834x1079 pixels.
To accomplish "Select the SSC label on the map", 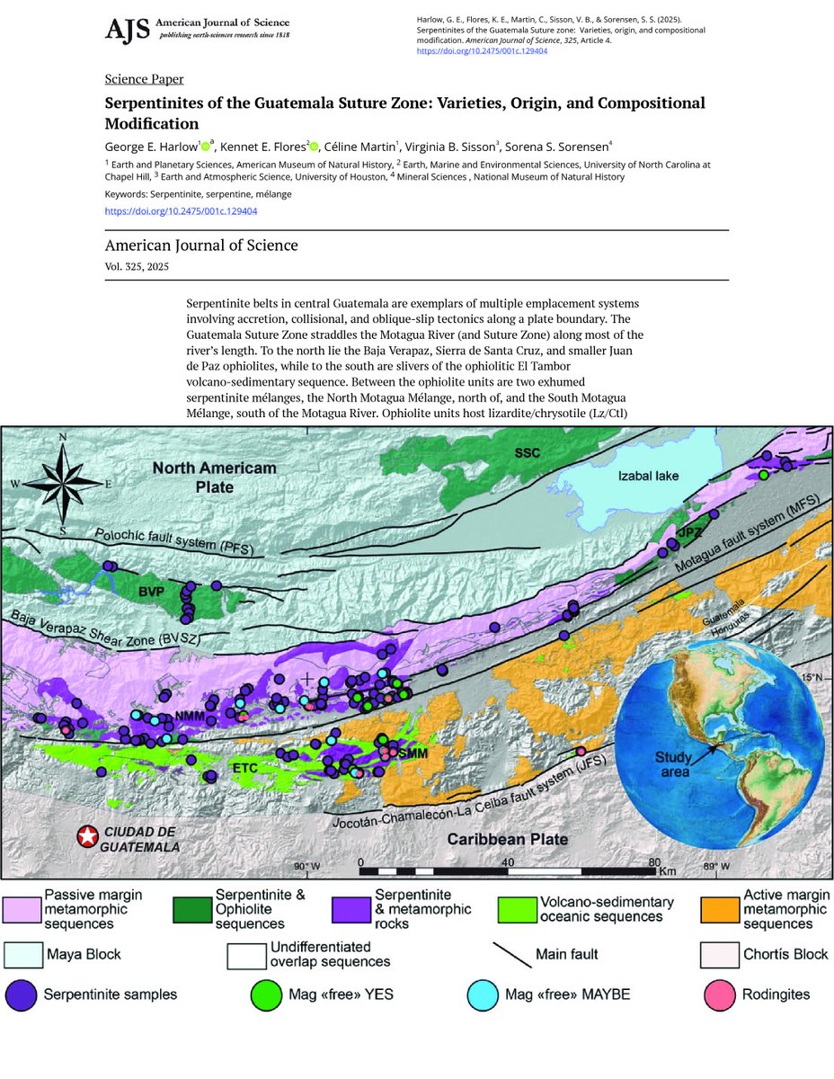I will click(528, 452).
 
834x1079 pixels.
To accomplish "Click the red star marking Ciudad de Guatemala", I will click(86, 837).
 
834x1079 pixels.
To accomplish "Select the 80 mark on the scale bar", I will click(652, 861).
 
